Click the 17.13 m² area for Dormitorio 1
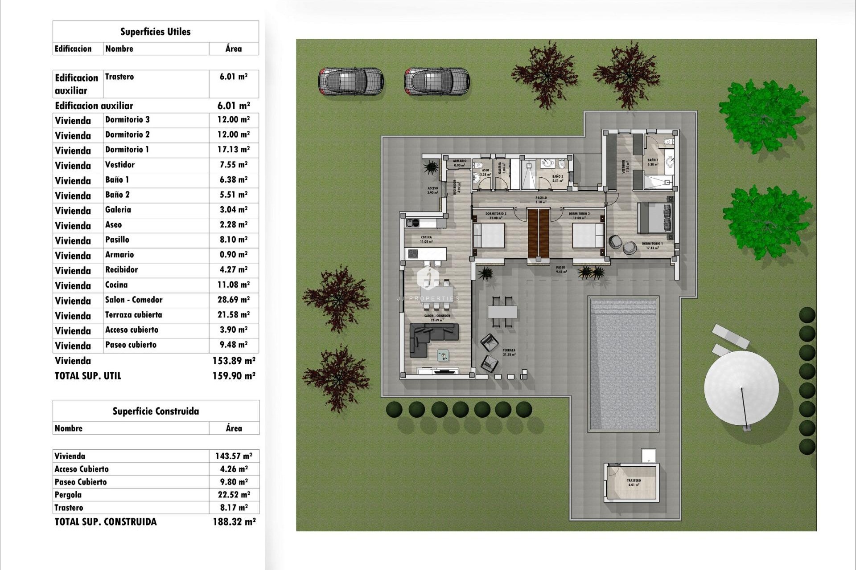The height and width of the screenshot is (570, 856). [233, 150]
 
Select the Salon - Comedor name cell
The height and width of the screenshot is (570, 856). [134, 300]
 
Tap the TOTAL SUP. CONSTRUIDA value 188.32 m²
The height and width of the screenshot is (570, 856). [234, 522]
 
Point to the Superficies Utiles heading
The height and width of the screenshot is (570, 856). [155, 32]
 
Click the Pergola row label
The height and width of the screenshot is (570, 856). [68, 495]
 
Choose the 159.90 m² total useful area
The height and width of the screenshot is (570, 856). [234, 376]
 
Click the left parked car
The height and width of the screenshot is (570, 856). [351, 81]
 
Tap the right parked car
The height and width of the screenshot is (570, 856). [437, 81]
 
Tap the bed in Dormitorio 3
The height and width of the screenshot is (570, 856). [489, 236]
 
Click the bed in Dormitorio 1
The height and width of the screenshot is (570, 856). [654, 218]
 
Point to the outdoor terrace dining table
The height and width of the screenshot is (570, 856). [502, 311]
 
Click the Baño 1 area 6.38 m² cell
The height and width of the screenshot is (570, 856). [233, 180]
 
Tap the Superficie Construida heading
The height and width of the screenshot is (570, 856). [155, 411]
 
